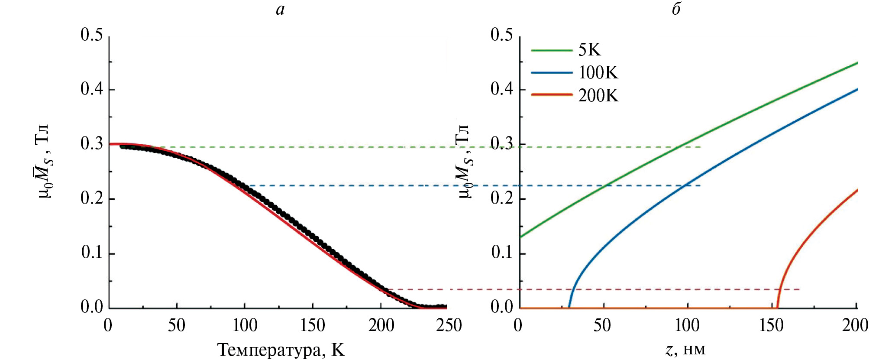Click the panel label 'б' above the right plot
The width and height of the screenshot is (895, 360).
[x=676, y=9]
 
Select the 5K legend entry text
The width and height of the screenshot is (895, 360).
[x=589, y=50]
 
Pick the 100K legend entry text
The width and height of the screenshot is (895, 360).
[x=598, y=72]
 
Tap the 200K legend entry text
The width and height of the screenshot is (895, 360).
[x=598, y=95]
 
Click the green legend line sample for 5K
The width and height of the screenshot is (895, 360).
[x=552, y=50]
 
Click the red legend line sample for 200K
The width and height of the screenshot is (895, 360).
[x=552, y=95]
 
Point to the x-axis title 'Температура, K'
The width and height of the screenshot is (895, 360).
[x=281, y=350]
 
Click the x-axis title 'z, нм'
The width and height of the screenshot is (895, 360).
[x=685, y=349]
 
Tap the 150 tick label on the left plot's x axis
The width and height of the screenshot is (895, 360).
[x=312, y=325]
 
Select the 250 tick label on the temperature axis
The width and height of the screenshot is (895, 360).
[x=449, y=325]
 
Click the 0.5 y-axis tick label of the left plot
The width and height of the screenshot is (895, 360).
[x=92, y=35]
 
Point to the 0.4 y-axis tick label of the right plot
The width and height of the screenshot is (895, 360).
[x=501, y=89]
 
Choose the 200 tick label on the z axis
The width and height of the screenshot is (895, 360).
[x=855, y=325]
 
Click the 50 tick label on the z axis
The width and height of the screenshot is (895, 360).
[x=602, y=325]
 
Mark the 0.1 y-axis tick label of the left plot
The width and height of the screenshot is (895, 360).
[x=92, y=253]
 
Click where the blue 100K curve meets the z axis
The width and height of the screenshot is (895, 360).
[x=569, y=307]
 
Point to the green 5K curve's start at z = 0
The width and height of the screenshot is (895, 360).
[x=520, y=237]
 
